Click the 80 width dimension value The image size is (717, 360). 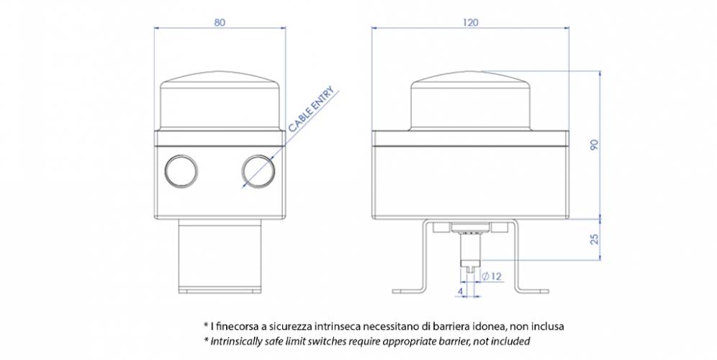(220, 22)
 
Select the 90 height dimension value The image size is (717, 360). (594, 145)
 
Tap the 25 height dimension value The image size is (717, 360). (594, 238)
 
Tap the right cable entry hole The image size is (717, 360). (257, 171)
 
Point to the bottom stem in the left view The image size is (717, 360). (218, 256)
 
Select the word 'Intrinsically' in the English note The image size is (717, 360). (240, 340)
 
